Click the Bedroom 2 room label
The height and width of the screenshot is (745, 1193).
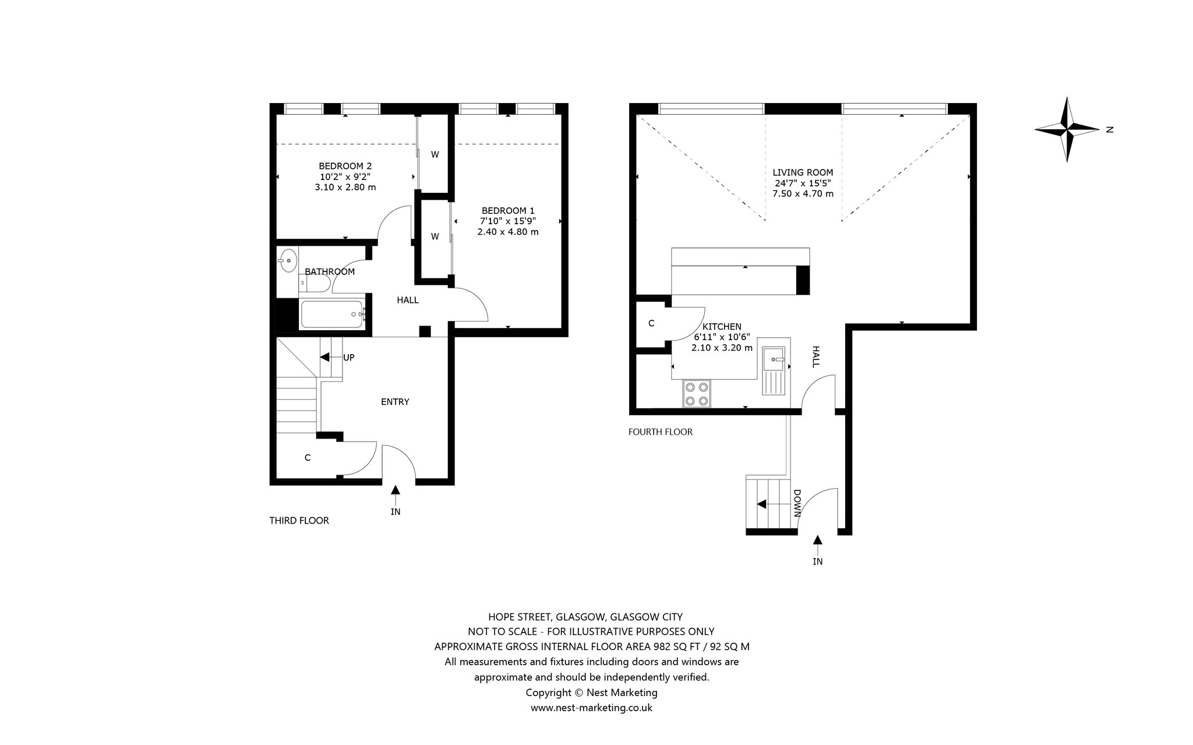tap(345, 166)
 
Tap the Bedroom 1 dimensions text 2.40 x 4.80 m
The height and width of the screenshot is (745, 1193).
tap(508, 232)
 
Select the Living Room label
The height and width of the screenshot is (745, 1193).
tap(803, 172)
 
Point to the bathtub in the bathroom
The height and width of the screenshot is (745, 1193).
tap(333, 315)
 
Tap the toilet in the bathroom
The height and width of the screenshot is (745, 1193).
tap(315, 284)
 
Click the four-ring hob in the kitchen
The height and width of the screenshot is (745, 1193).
tap(697, 393)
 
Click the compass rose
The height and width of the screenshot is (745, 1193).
tap(1067, 129)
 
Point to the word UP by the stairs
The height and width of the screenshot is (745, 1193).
tap(348, 358)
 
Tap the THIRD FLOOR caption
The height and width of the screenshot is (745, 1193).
tap(299, 521)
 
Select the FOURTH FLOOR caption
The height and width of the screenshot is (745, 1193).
tap(661, 432)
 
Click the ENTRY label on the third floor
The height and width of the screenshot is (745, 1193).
tap(395, 402)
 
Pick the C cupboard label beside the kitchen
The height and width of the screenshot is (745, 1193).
tap(651, 323)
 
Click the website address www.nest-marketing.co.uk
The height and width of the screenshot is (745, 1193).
tap(591, 708)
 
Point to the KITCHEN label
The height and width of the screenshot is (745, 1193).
tap(722, 327)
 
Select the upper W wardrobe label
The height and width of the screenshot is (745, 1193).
tap(435, 154)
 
